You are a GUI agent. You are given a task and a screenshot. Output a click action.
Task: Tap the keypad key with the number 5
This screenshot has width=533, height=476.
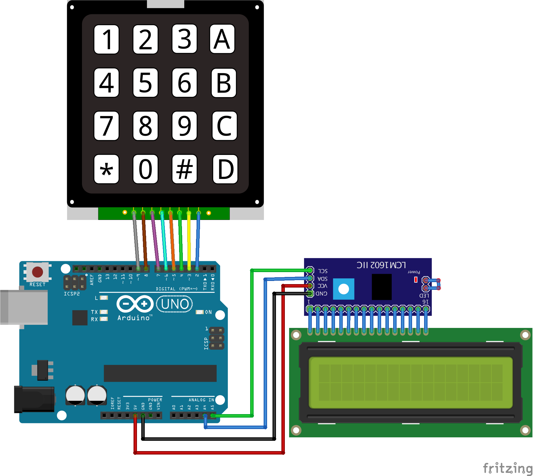pos(145,82)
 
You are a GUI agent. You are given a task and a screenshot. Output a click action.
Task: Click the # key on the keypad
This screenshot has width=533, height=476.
pos(184,169)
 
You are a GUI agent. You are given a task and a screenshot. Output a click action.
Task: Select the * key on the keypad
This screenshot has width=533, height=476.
pos(106,169)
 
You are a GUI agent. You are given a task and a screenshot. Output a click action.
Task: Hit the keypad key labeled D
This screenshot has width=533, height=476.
pos(225,169)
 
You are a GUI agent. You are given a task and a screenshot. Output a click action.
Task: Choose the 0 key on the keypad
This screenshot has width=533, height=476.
pos(145,169)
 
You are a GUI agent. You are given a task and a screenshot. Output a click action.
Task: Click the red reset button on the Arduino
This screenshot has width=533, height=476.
pos(38,272)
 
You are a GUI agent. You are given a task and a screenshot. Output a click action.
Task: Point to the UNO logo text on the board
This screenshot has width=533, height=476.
pos(175,304)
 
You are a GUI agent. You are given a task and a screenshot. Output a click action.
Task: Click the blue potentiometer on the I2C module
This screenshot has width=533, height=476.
pos(344,289)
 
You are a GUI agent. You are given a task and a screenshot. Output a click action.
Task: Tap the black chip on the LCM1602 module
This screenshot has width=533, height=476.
pos(381,287)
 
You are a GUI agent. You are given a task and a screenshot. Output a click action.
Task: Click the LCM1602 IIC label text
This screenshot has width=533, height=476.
pos(381,265)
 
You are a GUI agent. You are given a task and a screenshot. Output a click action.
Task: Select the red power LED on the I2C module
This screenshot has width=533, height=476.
pos(416,279)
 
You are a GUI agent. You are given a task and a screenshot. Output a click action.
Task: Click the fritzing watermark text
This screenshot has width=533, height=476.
pos(507,468)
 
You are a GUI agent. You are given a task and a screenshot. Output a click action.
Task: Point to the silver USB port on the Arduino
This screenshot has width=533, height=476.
pos(24,307)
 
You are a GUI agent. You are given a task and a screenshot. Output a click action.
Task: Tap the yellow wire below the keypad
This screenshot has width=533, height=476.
pos(189,241)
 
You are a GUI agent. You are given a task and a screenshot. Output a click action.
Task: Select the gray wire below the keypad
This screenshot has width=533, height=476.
pos(136,241)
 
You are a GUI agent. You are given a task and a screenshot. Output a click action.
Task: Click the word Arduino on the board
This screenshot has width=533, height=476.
pos(134,318)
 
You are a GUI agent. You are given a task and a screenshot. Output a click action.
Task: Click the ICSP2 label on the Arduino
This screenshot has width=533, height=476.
pos(72,294)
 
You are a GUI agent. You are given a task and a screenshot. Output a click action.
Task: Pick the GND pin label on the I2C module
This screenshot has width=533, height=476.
pos(322,294)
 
